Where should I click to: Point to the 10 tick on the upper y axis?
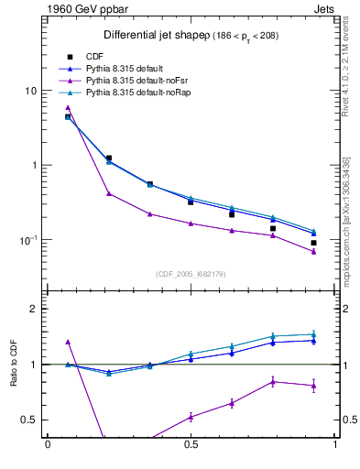30,92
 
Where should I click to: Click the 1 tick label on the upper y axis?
34,166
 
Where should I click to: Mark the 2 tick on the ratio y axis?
34,309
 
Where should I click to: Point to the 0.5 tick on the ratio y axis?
29,420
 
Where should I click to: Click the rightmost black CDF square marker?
313,244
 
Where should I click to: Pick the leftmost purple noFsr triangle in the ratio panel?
68,342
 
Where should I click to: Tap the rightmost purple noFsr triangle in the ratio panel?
313,386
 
